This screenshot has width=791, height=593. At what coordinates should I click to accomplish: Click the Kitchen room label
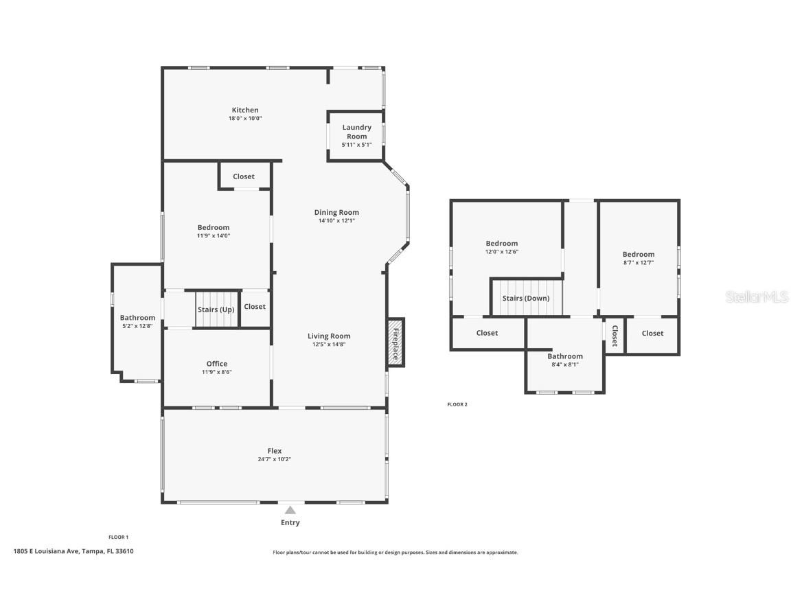point(245,110)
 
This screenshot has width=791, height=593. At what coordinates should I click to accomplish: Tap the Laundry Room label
point(356,131)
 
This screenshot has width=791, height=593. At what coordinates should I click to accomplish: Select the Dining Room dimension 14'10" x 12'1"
point(336,221)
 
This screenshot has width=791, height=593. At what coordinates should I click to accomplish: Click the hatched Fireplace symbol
point(396,340)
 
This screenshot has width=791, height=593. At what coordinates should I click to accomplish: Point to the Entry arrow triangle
point(290,510)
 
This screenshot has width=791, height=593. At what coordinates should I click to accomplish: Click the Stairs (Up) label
point(216,310)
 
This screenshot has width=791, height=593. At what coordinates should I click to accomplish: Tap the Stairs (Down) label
point(526,299)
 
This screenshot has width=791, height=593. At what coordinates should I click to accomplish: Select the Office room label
point(217,364)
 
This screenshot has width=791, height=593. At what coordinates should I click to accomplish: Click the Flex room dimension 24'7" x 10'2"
point(275,459)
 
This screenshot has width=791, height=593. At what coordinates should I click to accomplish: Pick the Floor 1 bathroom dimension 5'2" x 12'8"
point(137,326)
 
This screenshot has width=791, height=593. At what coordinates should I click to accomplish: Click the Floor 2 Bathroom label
point(565,356)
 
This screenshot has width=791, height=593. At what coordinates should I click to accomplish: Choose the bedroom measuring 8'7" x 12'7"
point(639,258)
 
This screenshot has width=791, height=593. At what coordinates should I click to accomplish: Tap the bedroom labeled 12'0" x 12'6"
point(502,247)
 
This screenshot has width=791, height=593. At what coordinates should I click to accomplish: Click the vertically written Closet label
point(615,335)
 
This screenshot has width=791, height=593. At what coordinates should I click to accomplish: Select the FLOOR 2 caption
point(457,405)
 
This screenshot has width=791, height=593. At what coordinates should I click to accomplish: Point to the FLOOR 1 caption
point(119,537)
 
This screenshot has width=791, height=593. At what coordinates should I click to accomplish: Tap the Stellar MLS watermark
point(757,296)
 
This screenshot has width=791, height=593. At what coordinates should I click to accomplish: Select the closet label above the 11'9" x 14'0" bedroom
point(244,176)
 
